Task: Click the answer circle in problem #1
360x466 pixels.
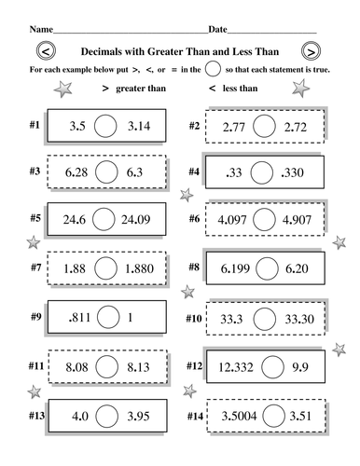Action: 105,125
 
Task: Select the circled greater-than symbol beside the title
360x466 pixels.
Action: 310,52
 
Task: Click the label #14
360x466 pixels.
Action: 195,415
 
